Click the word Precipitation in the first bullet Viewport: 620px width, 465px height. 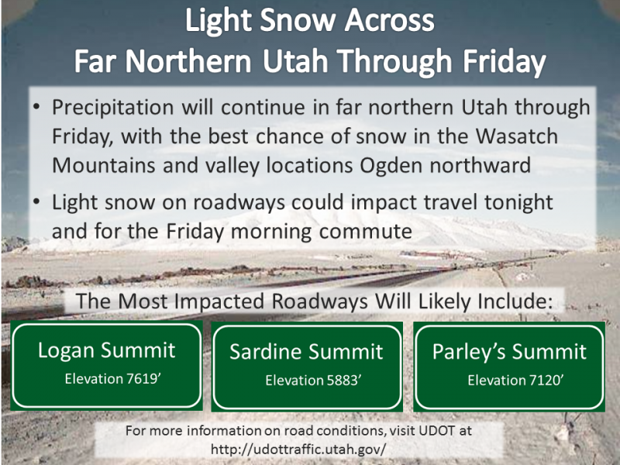[x=112, y=108]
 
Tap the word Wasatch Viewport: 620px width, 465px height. [x=516, y=136]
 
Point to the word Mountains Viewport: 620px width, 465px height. [x=104, y=165]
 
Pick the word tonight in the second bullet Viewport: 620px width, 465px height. [x=518, y=202]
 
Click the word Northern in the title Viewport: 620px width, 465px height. [x=188, y=61]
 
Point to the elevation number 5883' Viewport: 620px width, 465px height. [x=344, y=381]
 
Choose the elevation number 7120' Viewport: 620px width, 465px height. [x=546, y=381]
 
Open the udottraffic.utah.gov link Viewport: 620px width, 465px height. [x=298, y=449]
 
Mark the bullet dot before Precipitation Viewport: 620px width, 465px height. [x=36, y=107]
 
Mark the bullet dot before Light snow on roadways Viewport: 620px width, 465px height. [x=36, y=202]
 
